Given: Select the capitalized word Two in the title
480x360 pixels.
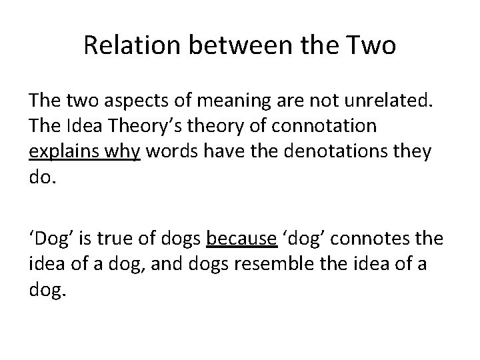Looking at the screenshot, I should coord(372,46).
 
